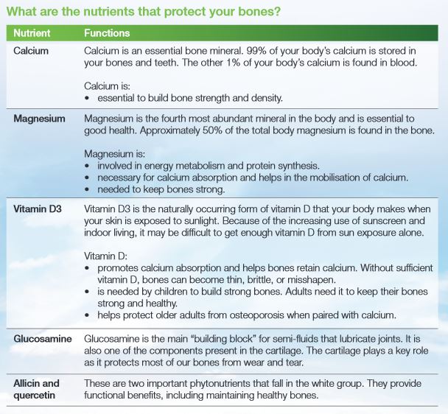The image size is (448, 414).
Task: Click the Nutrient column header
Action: [32, 33]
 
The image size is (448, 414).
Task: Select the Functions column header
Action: [107, 33]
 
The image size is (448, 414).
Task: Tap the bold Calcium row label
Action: [31, 50]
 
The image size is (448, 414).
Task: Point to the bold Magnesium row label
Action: [39, 119]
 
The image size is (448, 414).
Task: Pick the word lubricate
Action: [357, 338]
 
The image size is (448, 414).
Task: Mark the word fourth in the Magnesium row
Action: [169, 119]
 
